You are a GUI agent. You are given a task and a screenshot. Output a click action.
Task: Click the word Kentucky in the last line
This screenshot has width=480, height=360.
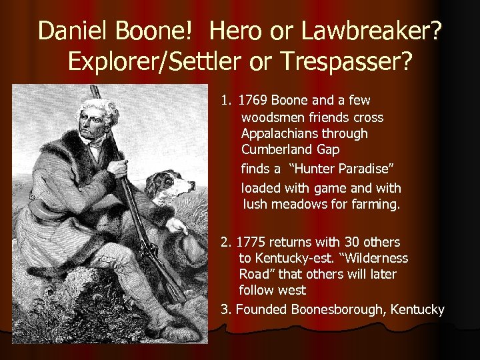tap(417, 309)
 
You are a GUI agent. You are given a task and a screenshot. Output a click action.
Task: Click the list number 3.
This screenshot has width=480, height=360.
tap(225, 309)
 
